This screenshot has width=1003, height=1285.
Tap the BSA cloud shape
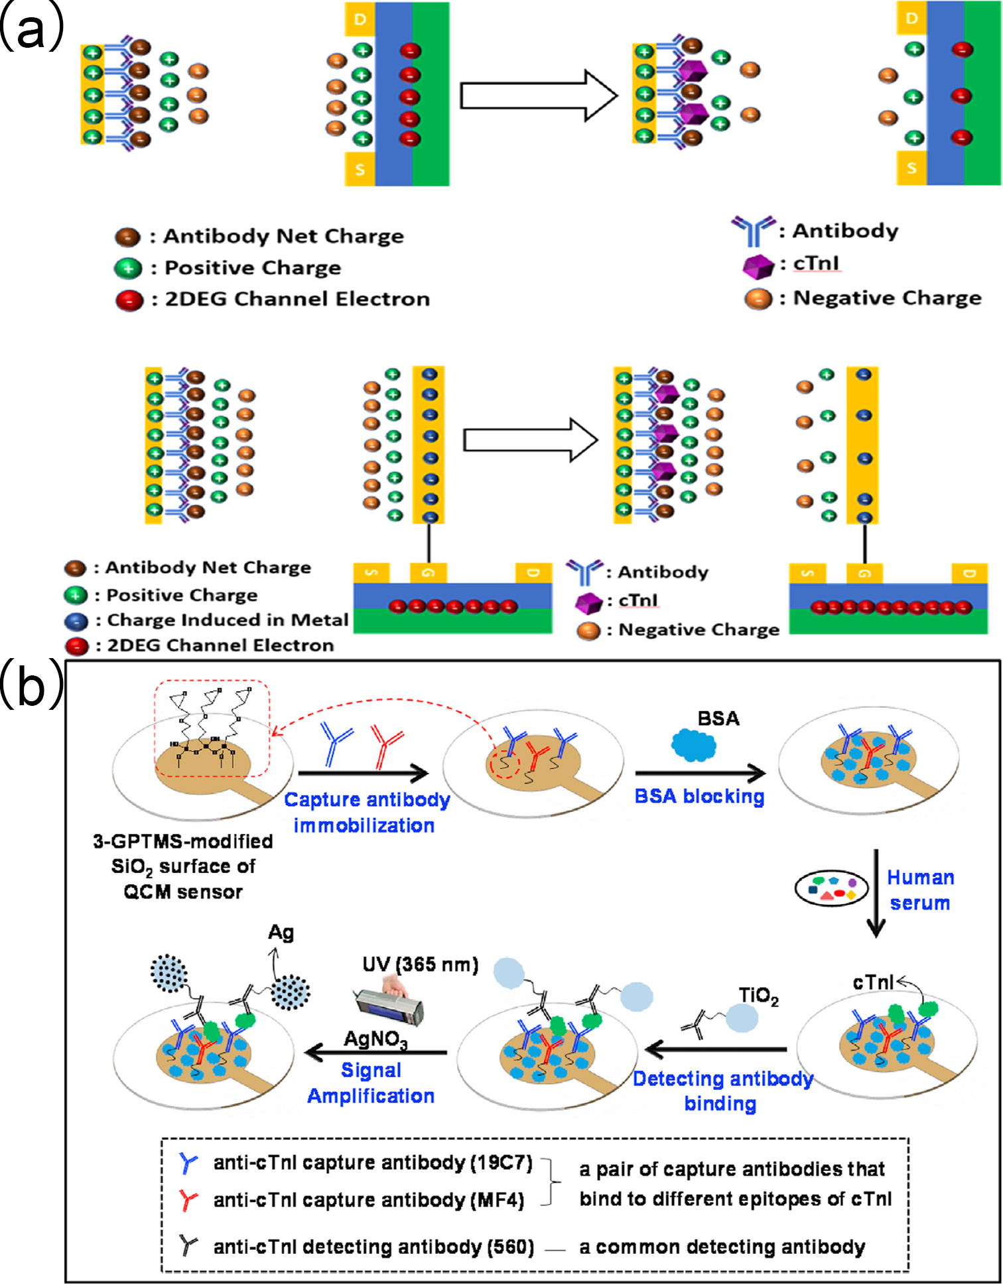tap(693, 744)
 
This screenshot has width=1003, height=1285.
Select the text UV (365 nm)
tap(420, 965)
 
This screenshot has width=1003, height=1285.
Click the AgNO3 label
tap(375, 1039)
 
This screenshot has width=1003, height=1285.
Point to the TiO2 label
tap(758, 996)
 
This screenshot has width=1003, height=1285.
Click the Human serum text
tap(920, 890)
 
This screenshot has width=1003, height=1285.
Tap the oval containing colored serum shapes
tap(831, 888)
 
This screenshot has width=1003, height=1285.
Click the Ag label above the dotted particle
tap(281, 933)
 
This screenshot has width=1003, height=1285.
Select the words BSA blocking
tap(699, 796)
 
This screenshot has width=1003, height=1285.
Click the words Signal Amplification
tap(371, 1083)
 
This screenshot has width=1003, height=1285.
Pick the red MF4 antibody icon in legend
tap(188, 1200)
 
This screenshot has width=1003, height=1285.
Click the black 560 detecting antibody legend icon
tap(188, 1246)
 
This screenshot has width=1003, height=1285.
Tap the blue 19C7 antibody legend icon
tap(188, 1163)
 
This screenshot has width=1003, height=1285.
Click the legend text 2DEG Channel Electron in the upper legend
tap(297, 299)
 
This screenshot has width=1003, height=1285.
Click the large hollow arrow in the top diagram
tap(538, 96)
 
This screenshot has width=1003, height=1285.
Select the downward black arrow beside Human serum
tap(876, 892)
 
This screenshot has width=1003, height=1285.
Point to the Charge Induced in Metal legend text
tap(228, 620)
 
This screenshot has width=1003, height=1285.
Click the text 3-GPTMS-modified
tap(183, 841)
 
